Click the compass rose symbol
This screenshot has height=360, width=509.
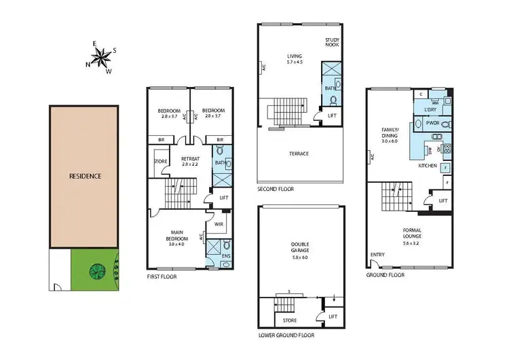pos(101,58)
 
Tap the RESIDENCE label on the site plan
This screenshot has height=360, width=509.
pos(86,176)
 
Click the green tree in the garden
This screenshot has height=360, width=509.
pos(95,270)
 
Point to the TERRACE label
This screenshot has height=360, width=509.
pos(299,154)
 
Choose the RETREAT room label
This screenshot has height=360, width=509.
pos(190,161)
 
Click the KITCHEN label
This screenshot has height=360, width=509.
pos(426,165)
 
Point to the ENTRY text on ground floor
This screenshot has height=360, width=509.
pos(377,255)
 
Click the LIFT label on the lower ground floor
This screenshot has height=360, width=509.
pos(333,317)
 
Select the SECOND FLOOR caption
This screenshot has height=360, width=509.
pos(276,190)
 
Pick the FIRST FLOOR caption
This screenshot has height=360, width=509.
pos(165,277)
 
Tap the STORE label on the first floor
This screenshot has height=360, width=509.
pos(160,162)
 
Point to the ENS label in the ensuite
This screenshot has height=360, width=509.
pos(227,255)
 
